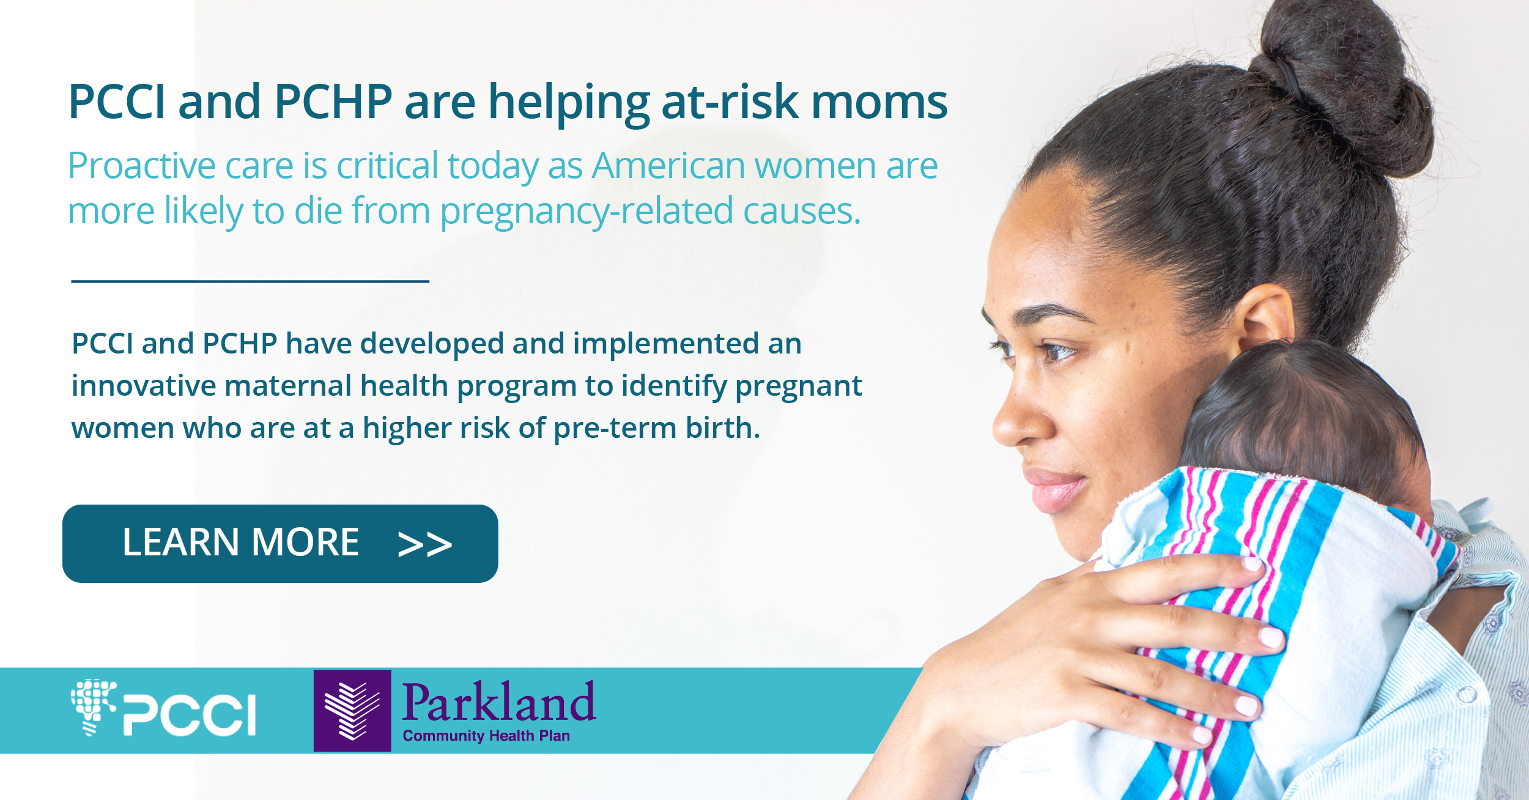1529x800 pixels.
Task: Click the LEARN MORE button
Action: [x=280, y=543]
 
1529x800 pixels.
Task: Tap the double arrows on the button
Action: [x=424, y=544]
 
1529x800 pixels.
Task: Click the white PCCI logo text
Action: [x=190, y=714]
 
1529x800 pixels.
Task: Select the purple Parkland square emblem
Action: [x=352, y=711]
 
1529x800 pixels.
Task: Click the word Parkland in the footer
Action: [x=498, y=702]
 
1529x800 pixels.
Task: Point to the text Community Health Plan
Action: [x=486, y=736]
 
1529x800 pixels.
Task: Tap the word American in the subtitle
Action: [x=668, y=166]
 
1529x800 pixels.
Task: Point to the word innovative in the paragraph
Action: [x=144, y=386]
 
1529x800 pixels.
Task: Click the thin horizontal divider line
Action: [x=250, y=281]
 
